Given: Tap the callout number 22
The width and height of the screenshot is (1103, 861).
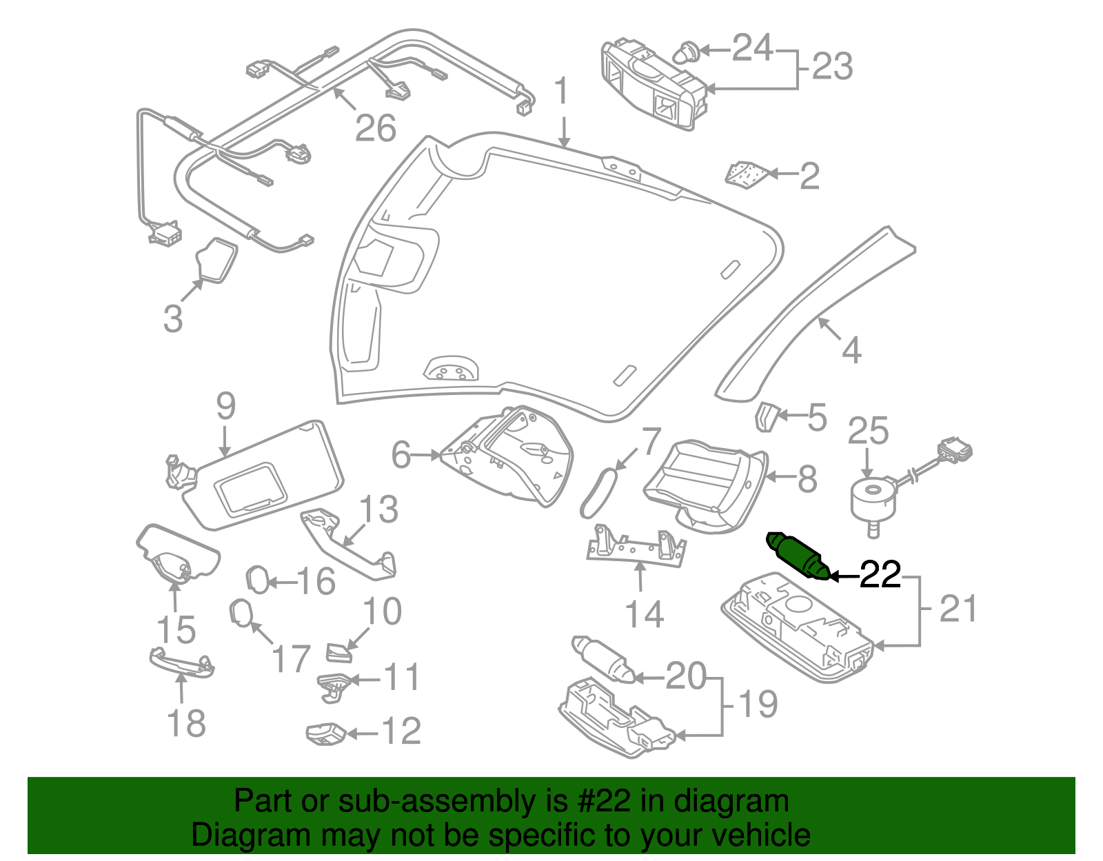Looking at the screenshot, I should (880, 576).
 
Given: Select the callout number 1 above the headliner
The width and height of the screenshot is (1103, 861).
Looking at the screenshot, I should (563, 92).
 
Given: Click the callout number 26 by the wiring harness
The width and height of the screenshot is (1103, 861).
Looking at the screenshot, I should (376, 128).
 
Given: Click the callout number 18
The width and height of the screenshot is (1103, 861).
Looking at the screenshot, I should (186, 724).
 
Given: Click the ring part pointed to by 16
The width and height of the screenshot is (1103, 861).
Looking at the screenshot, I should (258, 580).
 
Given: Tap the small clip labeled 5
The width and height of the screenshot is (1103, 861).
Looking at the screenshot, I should (765, 417).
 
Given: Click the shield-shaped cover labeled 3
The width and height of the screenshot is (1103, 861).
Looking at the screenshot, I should (216, 261).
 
